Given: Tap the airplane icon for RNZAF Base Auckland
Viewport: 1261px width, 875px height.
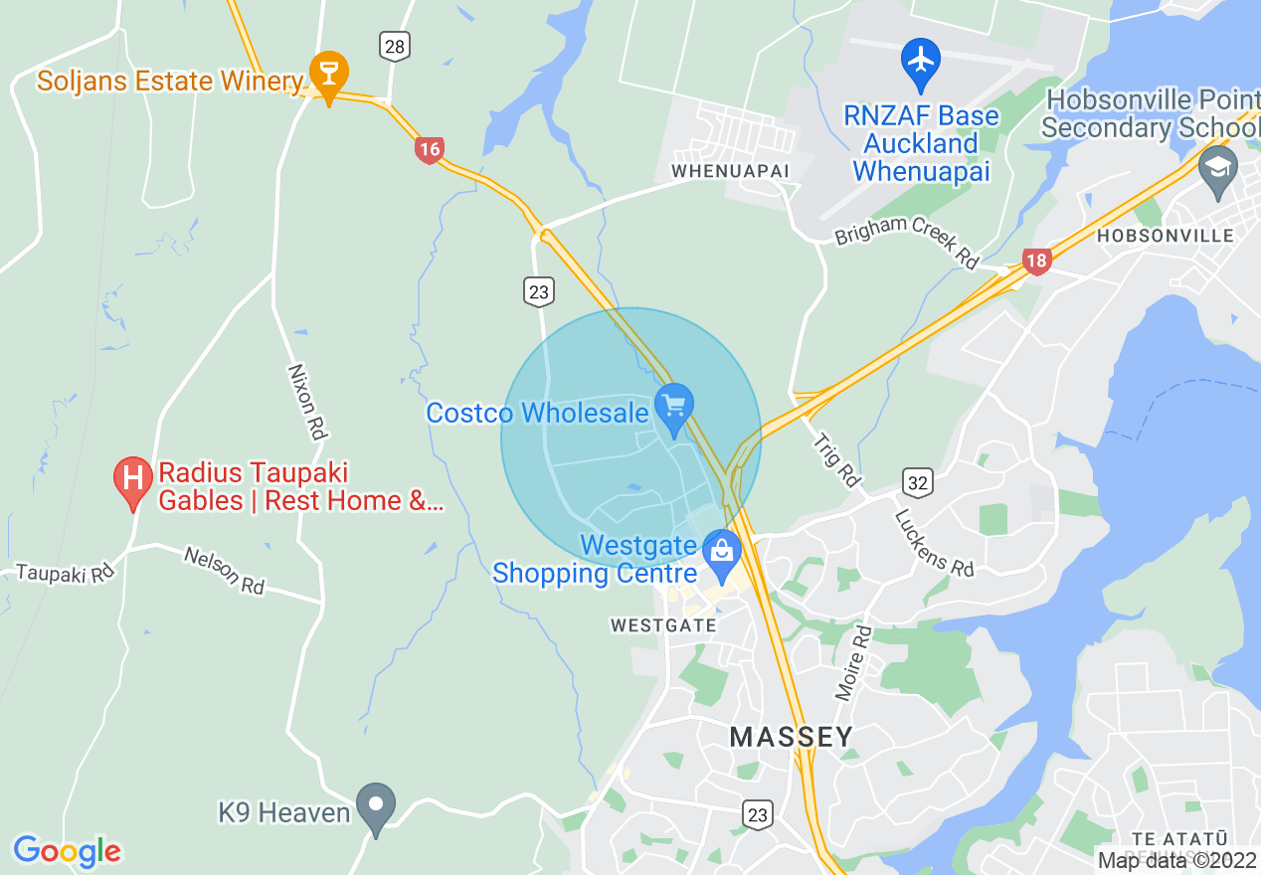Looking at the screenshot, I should [x=921, y=60].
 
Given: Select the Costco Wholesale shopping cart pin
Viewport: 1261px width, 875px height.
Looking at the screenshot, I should [x=675, y=408].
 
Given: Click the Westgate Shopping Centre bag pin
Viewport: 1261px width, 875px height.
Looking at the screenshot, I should [x=721, y=551].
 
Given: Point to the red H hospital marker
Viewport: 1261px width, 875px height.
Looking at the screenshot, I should [x=132, y=478].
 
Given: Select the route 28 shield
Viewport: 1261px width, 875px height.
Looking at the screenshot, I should [x=395, y=45].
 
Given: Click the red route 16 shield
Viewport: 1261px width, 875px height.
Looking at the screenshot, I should [x=429, y=150].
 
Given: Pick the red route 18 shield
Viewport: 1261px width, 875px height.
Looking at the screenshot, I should [x=1036, y=262].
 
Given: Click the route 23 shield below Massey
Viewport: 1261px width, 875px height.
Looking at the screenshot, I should [x=758, y=815].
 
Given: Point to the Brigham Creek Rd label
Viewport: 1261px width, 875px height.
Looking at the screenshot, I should [x=906, y=240].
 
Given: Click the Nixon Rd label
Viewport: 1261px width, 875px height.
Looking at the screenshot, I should [x=307, y=401].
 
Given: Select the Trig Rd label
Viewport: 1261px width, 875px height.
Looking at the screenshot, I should [x=836, y=458].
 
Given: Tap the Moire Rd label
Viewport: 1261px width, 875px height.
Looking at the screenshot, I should [x=852, y=662].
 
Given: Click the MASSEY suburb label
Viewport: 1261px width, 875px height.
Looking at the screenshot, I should [x=791, y=737].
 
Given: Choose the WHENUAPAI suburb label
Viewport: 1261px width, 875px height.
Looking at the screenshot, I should [x=730, y=171].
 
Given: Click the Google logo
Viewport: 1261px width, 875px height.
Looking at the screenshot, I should [x=67, y=851].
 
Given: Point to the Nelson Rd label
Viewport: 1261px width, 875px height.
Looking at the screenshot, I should [x=225, y=571].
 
